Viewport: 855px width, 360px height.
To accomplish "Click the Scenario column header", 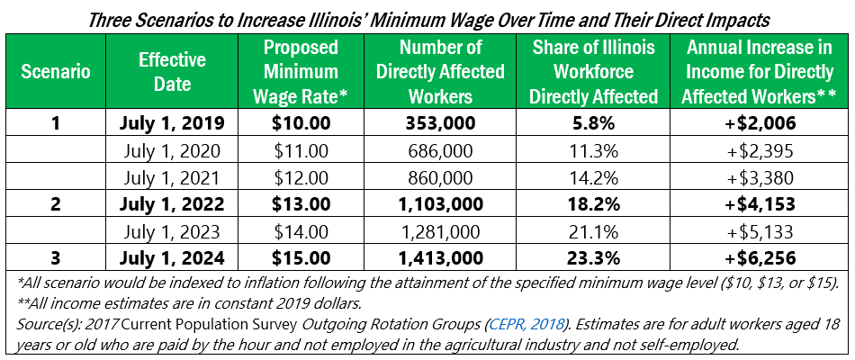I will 56,72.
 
